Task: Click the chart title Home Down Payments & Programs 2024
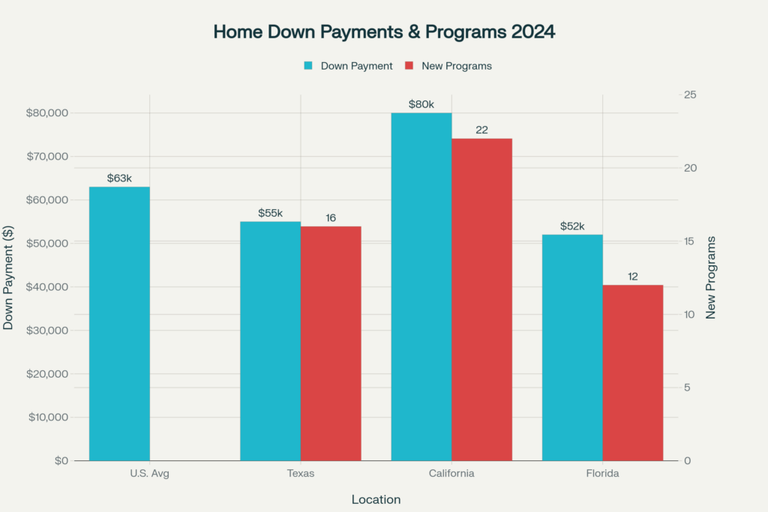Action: pyautogui.click(x=384, y=32)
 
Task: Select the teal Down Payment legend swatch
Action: pyautogui.click(x=308, y=66)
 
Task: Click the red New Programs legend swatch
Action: pyautogui.click(x=409, y=66)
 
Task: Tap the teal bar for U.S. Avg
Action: pyautogui.click(x=119, y=323)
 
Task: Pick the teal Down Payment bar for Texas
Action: pyautogui.click(x=270, y=340)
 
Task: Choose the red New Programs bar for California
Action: pyautogui.click(x=481, y=299)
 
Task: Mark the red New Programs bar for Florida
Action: pyautogui.click(x=633, y=373)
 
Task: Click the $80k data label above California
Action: pyautogui.click(x=421, y=104)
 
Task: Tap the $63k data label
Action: pyautogui.click(x=119, y=178)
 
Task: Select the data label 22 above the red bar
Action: pyautogui.click(x=481, y=130)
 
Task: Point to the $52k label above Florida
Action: pyautogui.click(x=572, y=226)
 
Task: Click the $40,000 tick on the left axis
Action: pyautogui.click(x=48, y=287)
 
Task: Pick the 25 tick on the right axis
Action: pyautogui.click(x=688, y=95)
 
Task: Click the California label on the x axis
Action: pyautogui.click(x=451, y=474)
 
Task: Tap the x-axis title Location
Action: pyautogui.click(x=376, y=499)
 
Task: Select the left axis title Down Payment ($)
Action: pyautogui.click(x=9, y=278)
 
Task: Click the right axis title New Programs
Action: pyautogui.click(x=711, y=278)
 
